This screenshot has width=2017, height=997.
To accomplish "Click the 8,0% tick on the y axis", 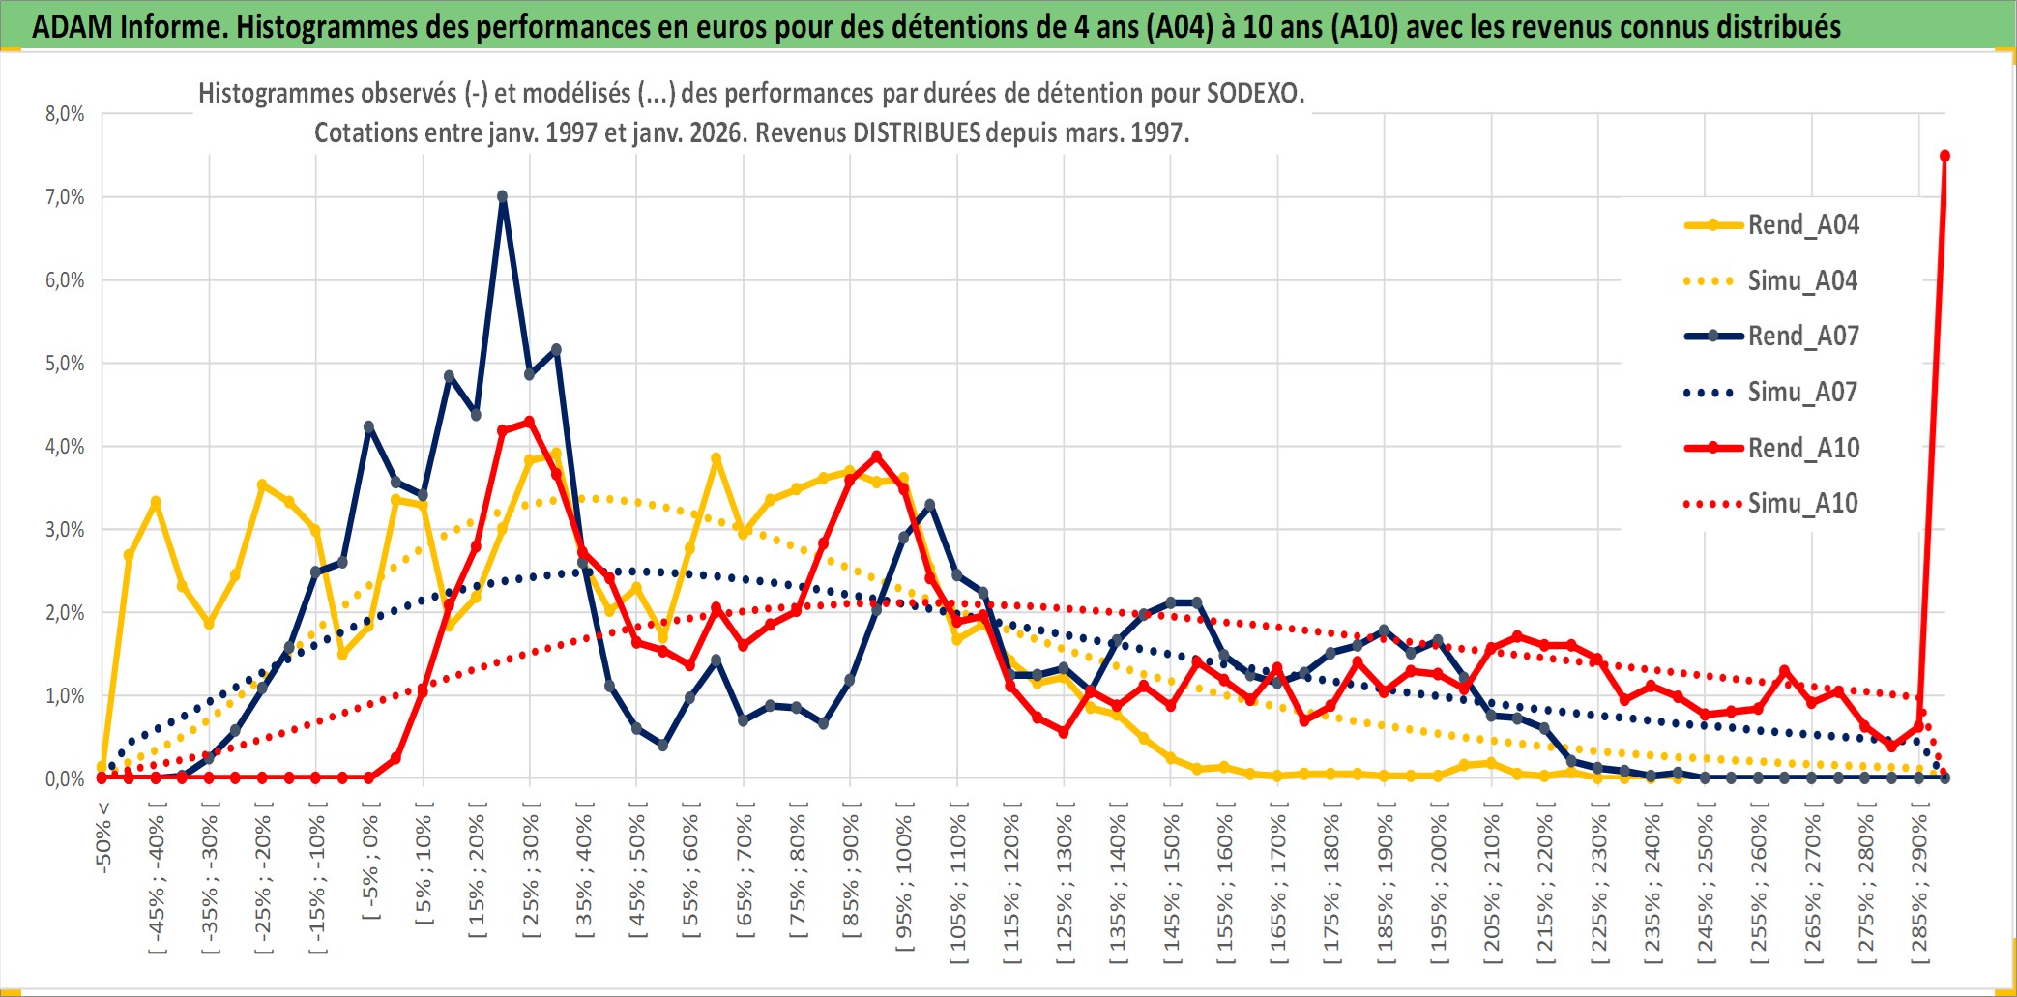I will [x=65, y=114].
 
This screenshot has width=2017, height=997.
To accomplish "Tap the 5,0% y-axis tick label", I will [x=65, y=364].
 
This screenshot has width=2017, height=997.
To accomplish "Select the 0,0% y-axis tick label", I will [x=65, y=779].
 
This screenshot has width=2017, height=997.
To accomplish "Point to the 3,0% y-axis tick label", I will [x=65, y=530].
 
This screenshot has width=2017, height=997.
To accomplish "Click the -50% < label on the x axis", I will [x=103, y=837].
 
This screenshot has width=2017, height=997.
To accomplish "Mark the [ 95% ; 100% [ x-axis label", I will [x=904, y=882].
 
